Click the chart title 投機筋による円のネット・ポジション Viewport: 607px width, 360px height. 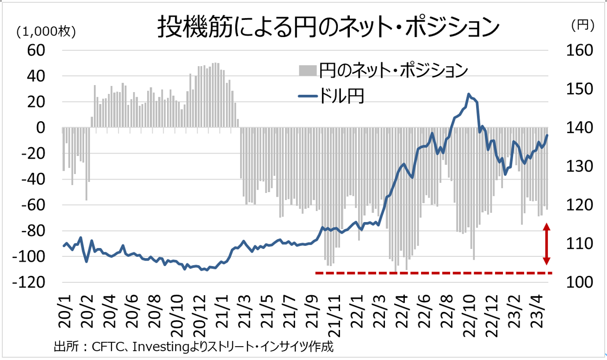click(x=328, y=27)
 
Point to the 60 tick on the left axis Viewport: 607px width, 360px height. click(x=37, y=50)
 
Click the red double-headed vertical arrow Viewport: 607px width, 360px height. click(x=546, y=244)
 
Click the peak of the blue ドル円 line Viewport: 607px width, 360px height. click(x=469, y=94)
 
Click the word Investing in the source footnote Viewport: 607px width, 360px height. click(x=153, y=347)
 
